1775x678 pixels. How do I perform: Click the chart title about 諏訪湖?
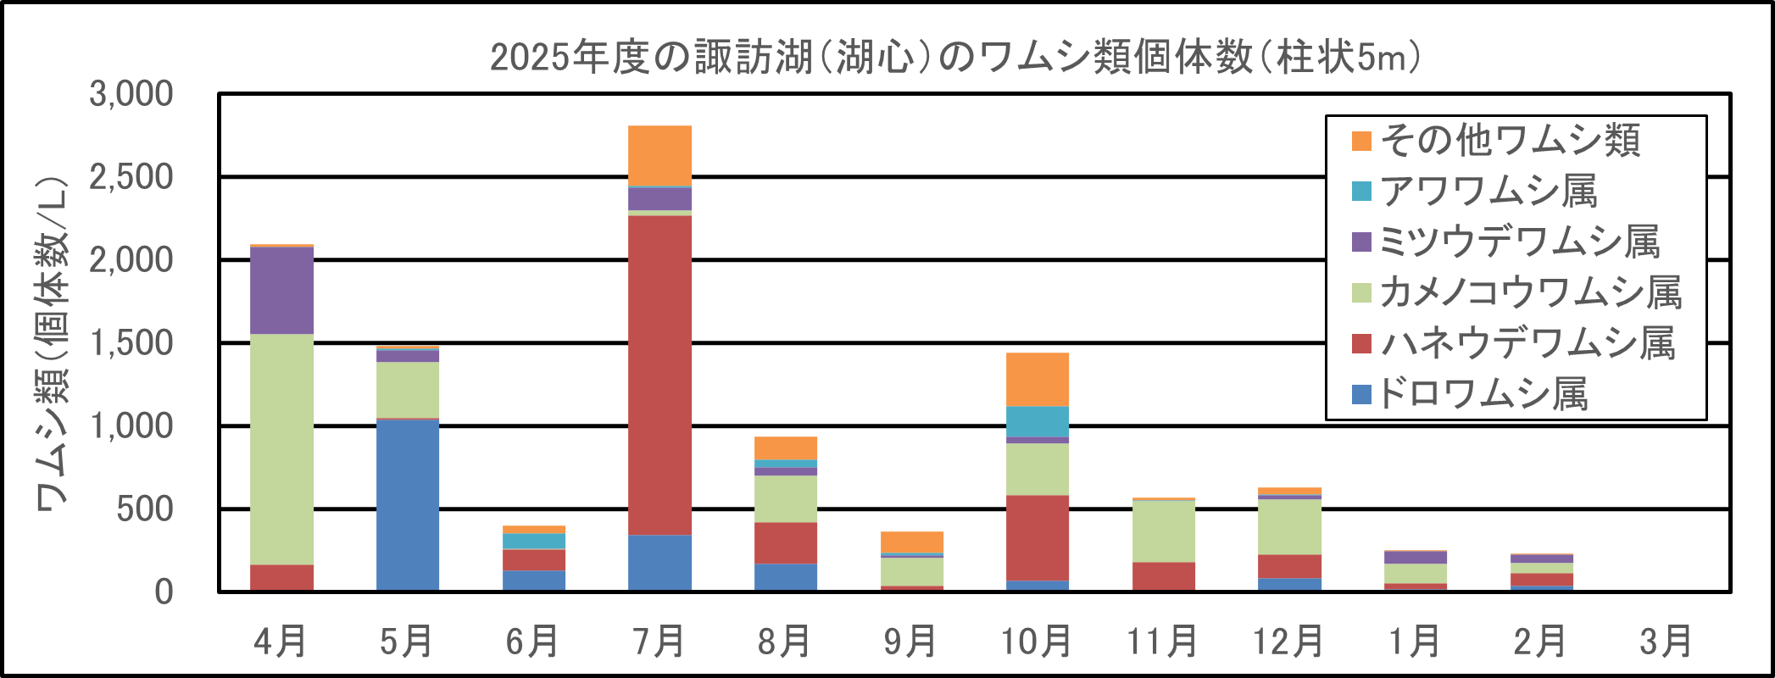955,58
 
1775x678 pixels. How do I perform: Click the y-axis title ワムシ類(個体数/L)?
51,343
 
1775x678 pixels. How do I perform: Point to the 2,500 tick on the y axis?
131,177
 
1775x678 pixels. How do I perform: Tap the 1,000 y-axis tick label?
131,426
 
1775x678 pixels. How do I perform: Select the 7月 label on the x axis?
659,642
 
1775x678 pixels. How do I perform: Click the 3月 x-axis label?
1666,642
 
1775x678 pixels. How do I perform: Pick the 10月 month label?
1036,642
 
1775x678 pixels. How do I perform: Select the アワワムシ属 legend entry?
1488,192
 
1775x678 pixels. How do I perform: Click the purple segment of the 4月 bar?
282,291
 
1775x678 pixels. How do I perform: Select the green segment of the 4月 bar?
282,449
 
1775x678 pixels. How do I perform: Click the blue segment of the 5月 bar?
408,504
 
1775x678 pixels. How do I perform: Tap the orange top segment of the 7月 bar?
659,156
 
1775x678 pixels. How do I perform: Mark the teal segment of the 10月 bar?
1038,422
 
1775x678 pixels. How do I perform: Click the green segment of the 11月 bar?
1164,531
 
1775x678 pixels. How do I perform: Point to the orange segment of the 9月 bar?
912,542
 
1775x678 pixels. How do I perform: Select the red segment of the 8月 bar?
786,543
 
